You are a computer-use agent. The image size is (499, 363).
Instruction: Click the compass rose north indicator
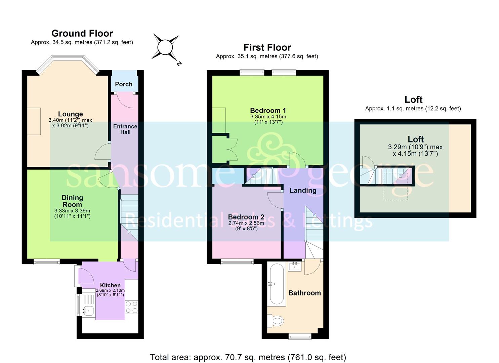pos(165,47)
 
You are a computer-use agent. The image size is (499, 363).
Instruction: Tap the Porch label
pos(124,84)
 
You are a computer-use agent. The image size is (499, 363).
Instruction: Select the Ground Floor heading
pos(82,33)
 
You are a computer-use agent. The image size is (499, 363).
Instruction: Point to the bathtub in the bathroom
pos(277,284)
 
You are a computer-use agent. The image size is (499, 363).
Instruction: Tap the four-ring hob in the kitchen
pos(131,307)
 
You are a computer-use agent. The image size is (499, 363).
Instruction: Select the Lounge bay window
pos(68,64)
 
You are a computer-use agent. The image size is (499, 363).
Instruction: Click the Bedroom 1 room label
pos(268,111)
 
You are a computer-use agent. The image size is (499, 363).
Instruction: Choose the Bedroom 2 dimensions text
pos(246,226)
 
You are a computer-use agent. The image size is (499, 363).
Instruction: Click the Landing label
pos(303,191)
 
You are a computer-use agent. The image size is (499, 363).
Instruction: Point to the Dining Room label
pos(72,201)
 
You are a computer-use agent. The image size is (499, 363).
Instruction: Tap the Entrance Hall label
pos(125,129)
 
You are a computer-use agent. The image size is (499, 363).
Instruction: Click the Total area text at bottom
pos(248,357)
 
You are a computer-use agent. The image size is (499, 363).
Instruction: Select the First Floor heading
pos(267,47)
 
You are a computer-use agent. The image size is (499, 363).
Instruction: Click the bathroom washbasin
pos(295,267)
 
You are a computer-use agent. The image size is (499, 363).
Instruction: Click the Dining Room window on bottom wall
pos(47,261)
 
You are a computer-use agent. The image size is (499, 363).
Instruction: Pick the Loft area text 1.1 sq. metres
pos(413,109)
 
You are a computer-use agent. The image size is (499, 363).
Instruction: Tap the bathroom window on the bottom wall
pos(300,336)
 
